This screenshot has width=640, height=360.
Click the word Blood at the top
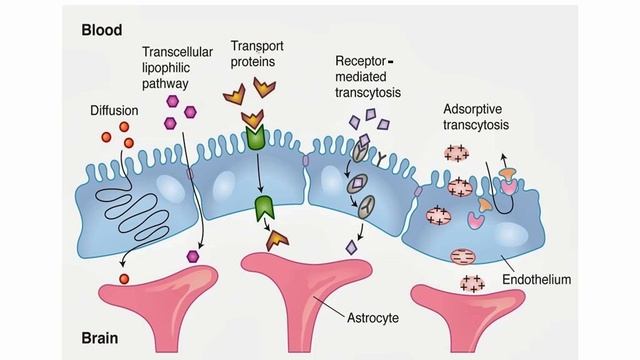coord(103,30)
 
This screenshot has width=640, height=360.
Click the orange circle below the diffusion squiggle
coord(124,277)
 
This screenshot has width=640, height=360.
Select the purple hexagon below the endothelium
coord(193,255)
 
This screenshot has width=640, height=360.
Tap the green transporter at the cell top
coord(255,137)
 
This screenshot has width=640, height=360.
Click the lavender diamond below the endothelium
coord(351,246)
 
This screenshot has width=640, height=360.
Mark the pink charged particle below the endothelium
coord(470,284)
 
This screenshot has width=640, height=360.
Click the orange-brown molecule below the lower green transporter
coord(276,239)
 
